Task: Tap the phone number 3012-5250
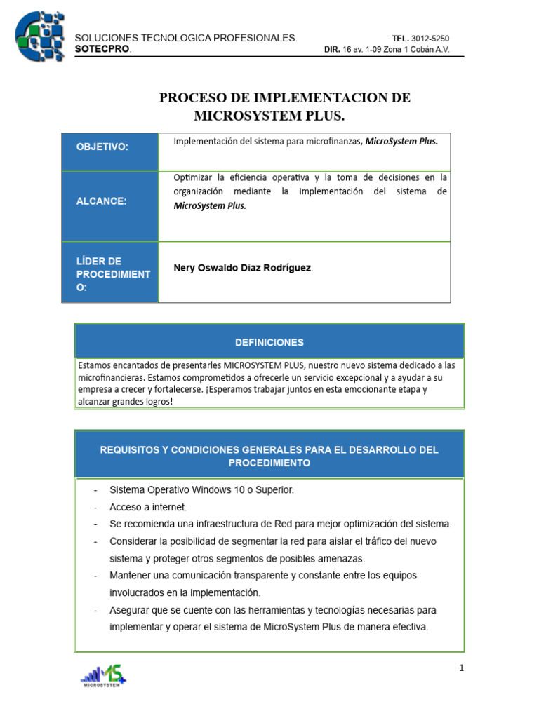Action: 430,39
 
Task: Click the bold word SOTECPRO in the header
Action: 102,50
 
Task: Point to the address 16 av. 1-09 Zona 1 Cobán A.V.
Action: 396,50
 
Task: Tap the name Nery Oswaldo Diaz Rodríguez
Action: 242,269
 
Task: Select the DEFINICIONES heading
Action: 269,342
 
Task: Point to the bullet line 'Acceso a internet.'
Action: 148,507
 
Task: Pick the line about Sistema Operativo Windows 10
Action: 201,490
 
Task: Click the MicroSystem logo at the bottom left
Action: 104,676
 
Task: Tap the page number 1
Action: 462,668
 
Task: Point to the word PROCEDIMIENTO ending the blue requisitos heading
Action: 269,463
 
